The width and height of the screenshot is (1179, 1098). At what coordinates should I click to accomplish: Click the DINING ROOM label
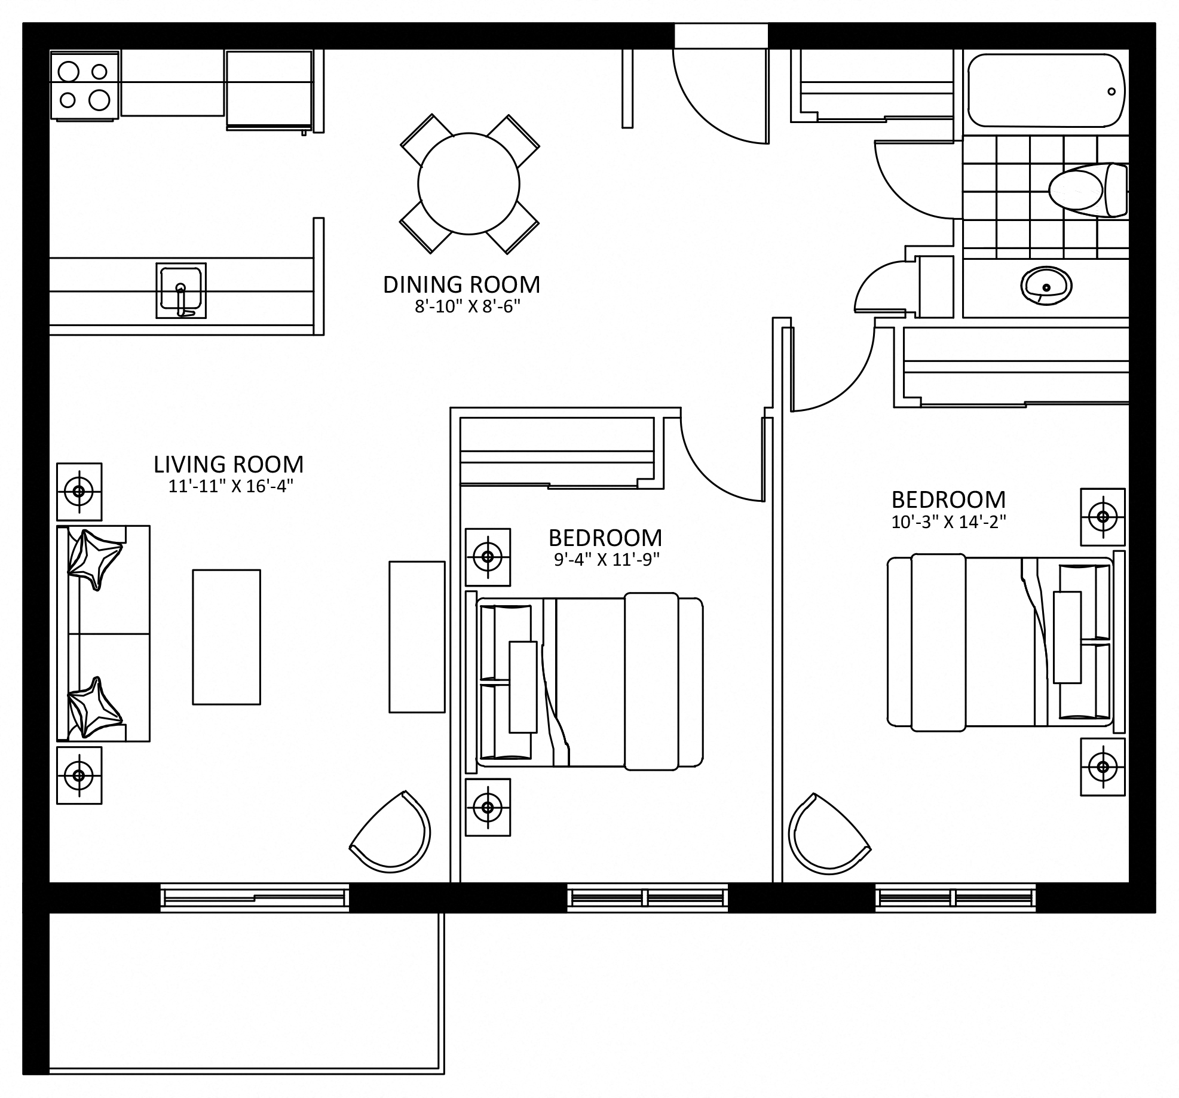click(461, 285)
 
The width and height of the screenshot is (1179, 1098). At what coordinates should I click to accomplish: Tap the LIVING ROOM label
click(229, 465)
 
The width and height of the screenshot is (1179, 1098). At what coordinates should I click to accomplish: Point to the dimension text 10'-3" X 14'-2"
click(948, 522)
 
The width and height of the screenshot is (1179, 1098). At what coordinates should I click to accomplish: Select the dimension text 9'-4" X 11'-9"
click(607, 560)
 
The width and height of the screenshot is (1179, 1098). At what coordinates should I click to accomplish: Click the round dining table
click(468, 184)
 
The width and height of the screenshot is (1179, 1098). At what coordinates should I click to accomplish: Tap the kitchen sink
click(181, 290)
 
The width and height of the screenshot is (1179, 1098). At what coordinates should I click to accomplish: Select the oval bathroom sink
click(1046, 286)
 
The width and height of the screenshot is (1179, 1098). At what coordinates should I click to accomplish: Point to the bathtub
click(1046, 90)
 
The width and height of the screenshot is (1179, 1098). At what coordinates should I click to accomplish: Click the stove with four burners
click(85, 85)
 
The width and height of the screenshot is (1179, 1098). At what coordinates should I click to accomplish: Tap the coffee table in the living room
click(226, 637)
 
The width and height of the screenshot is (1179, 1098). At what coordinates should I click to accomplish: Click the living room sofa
click(103, 633)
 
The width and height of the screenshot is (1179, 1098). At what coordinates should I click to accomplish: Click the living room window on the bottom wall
click(255, 897)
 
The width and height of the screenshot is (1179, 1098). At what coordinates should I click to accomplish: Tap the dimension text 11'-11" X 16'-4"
click(231, 486)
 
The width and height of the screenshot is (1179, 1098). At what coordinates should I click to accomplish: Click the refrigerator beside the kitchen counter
click(270, 90)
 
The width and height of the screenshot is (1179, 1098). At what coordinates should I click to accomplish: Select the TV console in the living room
click(417, 637)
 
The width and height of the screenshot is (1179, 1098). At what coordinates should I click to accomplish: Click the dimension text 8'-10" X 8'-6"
click(468, 306)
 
